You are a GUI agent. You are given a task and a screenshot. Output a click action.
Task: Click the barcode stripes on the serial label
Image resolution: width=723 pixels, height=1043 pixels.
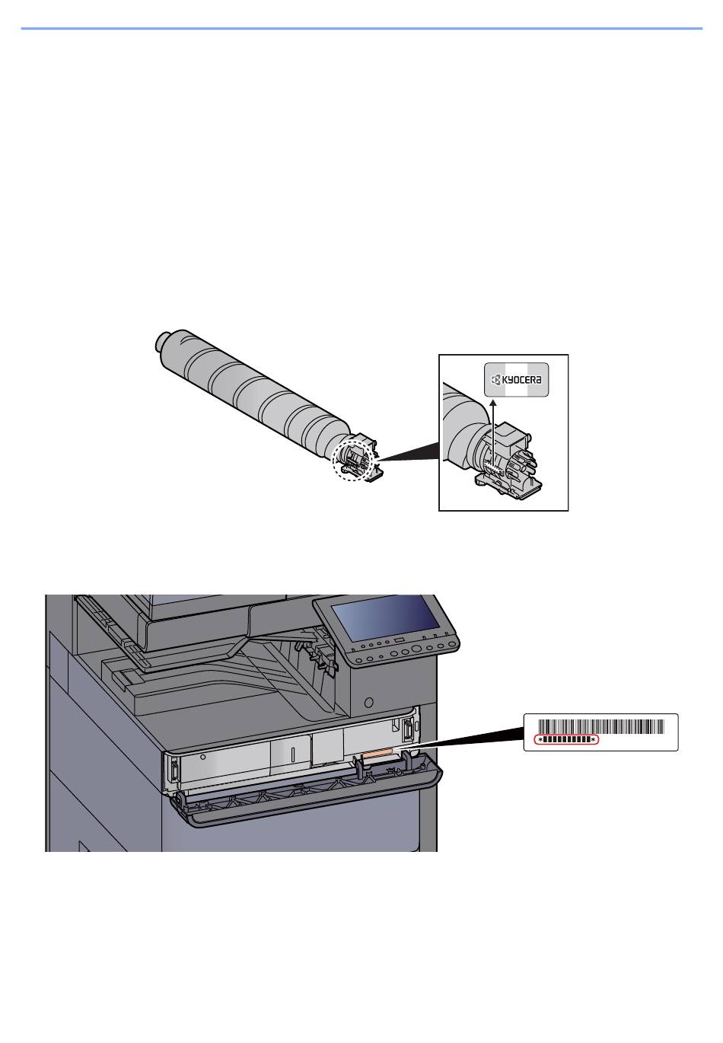601,727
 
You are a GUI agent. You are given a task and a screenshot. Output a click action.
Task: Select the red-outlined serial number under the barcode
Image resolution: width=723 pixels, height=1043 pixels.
566,740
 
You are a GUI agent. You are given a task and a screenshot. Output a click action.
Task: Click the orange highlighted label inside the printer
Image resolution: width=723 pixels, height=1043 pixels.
377,753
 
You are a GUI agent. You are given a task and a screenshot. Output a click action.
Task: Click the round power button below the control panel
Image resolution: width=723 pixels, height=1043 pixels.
369,701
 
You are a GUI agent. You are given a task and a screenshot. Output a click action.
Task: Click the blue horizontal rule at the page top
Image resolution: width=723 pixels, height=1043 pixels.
361,29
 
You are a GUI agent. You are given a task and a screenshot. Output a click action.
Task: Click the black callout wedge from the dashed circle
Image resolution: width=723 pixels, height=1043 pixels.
407,451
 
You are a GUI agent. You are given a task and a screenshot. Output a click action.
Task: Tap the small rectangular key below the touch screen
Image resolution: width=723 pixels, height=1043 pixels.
399,642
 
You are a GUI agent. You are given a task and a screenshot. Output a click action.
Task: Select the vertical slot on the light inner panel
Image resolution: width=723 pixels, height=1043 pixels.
293,754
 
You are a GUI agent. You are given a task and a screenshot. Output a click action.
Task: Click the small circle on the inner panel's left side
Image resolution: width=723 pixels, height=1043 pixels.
203,757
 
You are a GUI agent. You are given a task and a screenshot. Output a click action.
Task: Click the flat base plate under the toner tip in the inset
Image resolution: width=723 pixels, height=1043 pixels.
508,486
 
